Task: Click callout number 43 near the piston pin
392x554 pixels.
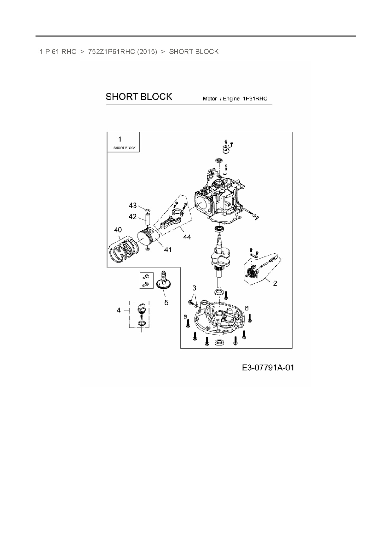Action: point(133,206)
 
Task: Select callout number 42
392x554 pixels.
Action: point(133,217)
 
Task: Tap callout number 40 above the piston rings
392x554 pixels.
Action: point(118,230)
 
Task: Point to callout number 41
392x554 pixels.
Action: point(168,250)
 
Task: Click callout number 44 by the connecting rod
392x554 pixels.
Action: point(187,237)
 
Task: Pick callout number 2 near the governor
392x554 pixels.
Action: point(275,283)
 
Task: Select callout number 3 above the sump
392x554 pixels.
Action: point(194,288)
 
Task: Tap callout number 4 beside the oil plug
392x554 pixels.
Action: point(119,310)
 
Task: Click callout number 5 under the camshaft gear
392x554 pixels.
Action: point(166,303)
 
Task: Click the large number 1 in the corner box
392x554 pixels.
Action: point(119,139)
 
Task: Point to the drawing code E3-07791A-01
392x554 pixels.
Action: point(268,368)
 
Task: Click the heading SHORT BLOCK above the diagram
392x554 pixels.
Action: point(139,97)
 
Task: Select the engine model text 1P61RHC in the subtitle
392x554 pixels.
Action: point(255,99)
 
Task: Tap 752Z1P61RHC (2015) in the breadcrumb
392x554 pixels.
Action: point(122,51)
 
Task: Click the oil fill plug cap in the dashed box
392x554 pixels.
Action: point(141,307)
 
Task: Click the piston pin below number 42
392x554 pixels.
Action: point(147,219)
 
